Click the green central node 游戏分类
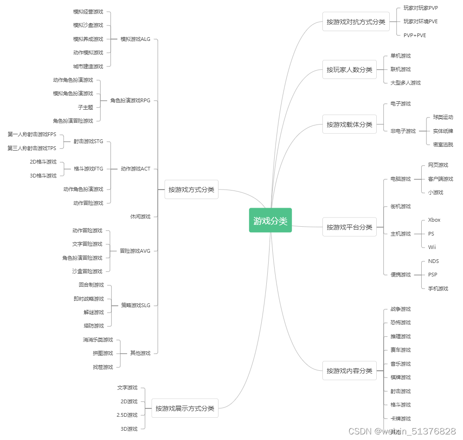coord(270,220)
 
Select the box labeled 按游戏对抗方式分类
coord(356,22)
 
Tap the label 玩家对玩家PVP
coord(420,8)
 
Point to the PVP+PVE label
coord(414,35)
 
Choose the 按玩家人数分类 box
coord(349,70)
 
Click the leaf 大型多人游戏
coord(405,83)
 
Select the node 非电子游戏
coord(403,131)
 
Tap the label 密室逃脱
coord(443,144)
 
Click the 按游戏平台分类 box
coord(349,227)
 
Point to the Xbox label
coord(434,220)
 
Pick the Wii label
coord(432,247)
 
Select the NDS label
coord(433,261)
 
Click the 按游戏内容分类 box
coord(349,371)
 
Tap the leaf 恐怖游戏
coord(400,322)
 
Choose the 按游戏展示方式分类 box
coord(185,408)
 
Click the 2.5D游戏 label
coord(127,415)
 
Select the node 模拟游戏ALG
coord(135,39)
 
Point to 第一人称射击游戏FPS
coord(32,134)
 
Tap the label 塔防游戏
coord(94,326)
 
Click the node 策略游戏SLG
coord(135,305)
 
